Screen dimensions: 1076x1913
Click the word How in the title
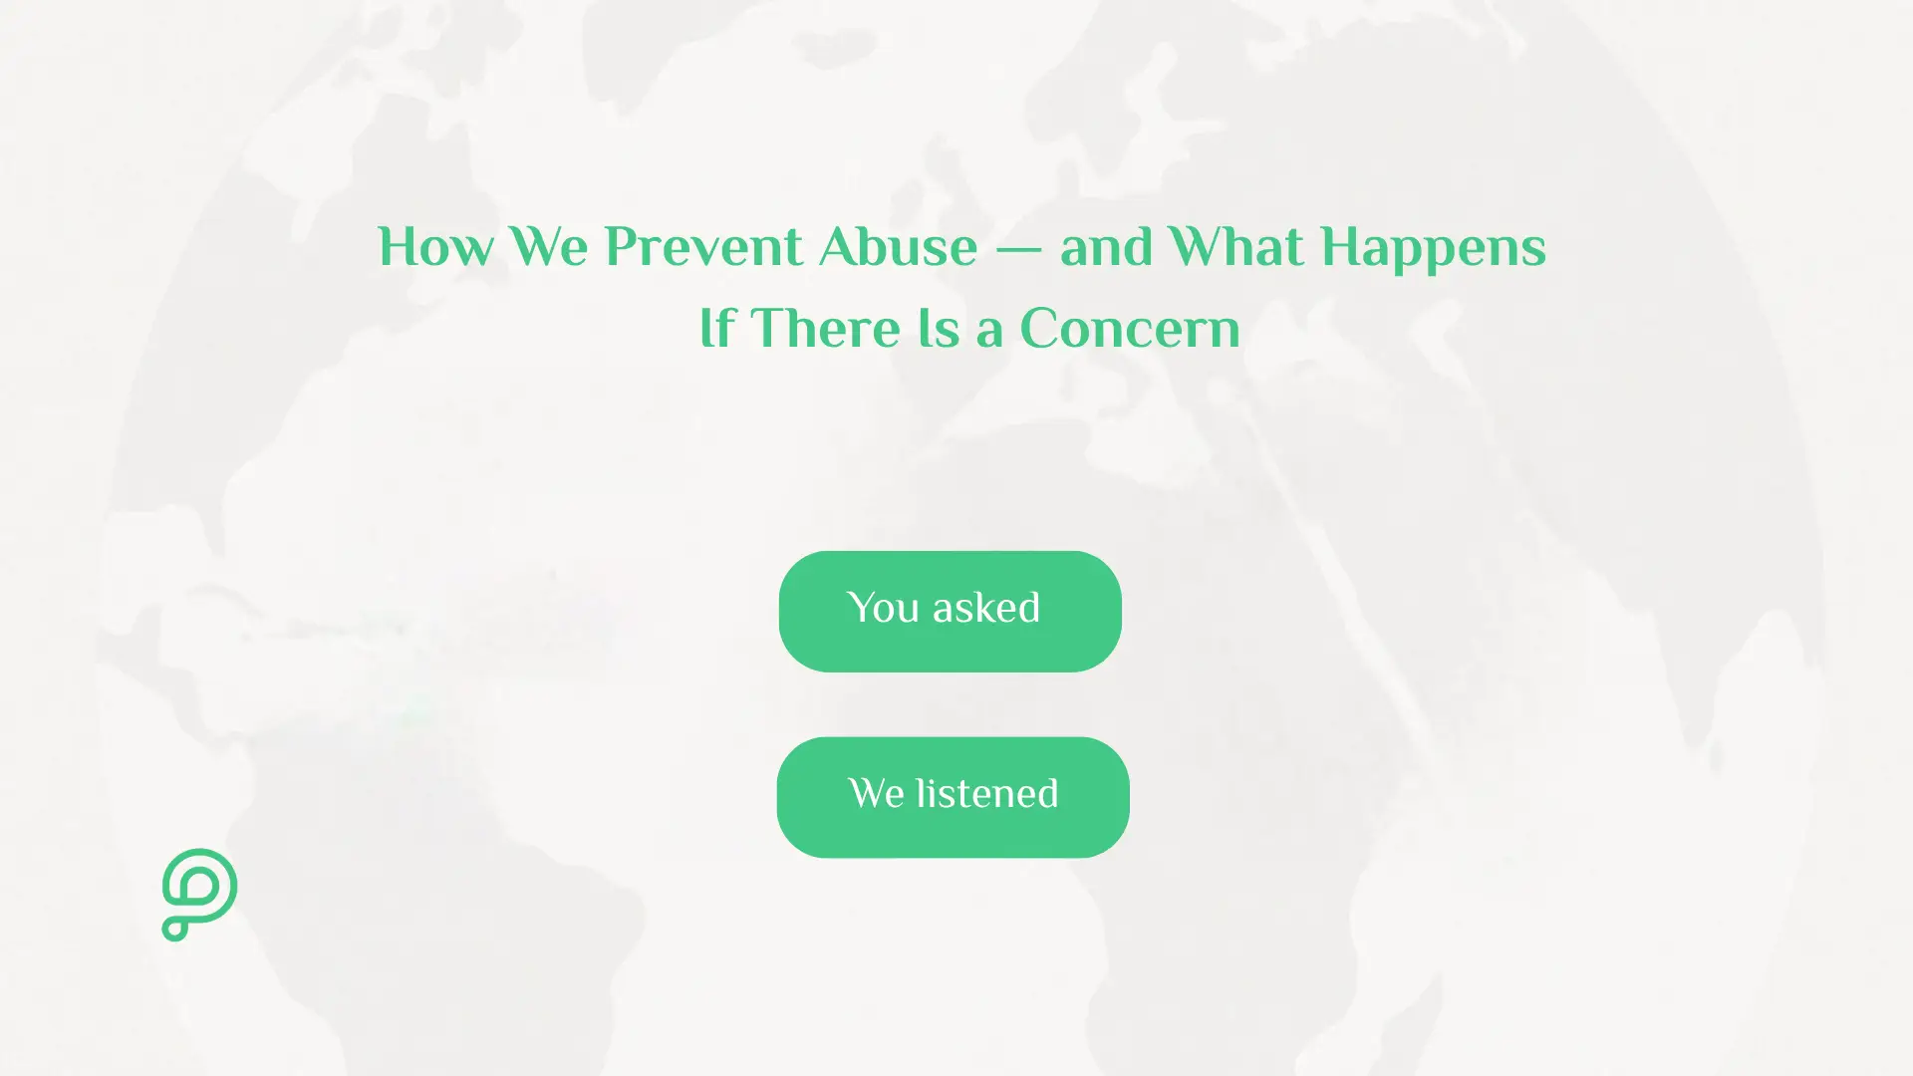434,247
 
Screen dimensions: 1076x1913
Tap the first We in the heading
548,247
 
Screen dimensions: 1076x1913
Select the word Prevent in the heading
702,247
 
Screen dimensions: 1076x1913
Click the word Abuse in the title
898,247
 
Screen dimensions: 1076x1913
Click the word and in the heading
1105,247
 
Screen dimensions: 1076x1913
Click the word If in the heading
716,329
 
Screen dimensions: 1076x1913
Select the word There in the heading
825,329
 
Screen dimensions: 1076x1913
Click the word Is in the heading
940,329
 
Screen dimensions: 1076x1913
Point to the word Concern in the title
1130,329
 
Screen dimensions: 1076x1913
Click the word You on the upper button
883,608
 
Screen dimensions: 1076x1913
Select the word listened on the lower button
987,794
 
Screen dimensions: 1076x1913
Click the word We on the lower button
876,794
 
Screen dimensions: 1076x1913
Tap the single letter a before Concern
988,332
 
